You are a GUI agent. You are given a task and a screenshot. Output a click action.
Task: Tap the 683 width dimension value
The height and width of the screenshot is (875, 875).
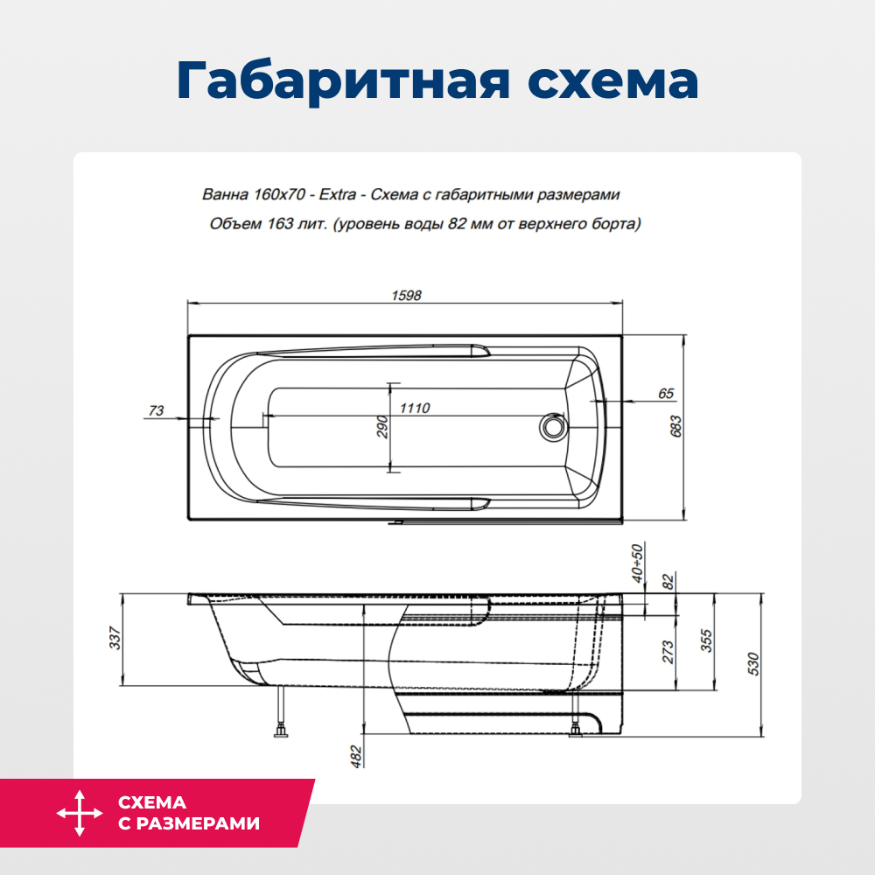[676, 425]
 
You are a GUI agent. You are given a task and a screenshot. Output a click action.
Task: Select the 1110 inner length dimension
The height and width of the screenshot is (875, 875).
[415, 409]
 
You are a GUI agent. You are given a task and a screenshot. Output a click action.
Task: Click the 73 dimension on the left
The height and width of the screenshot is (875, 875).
[157, 410]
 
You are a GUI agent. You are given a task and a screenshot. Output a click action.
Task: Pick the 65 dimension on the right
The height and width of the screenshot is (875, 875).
[665, 394]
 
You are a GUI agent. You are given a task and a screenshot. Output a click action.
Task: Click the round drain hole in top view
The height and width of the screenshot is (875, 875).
[552, 428]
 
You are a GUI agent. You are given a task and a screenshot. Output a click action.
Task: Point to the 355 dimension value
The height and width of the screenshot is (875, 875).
[707, 643]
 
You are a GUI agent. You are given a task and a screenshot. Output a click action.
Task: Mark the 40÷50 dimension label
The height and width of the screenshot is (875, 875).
[637, 563]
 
